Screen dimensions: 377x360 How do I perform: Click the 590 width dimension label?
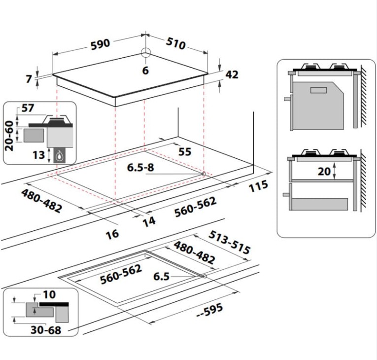click(100, 44)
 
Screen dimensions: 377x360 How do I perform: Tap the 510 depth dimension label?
click(176, 43)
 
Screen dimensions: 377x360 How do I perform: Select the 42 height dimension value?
click(232, 74)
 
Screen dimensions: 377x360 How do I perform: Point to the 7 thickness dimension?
click(29, 79)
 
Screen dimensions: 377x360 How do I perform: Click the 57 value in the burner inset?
click(28, 108)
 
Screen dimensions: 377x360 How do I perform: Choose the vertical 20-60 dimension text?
click(9, 136)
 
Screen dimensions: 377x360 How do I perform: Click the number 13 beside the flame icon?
click(39, 155)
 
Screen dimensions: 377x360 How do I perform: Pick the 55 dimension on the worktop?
click(185, 151)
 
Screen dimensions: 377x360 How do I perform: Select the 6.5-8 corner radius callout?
click(140, 168)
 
